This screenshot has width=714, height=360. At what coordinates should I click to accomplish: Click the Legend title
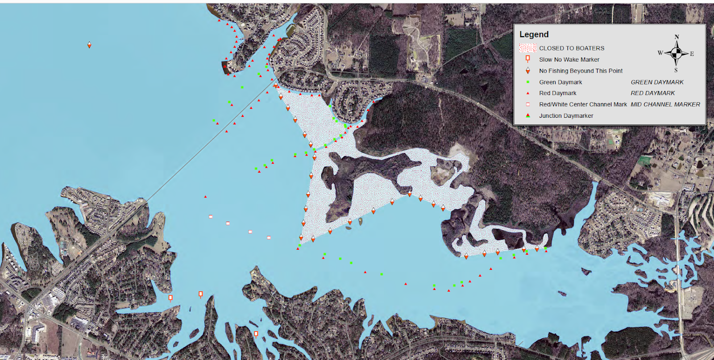pyautogui.click(x=534, y=35)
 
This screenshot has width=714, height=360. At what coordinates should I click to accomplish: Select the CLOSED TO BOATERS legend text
pyautogui.click(x=571, y=48)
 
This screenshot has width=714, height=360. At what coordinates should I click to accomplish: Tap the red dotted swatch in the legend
pyautogui.click(x=527, y=48)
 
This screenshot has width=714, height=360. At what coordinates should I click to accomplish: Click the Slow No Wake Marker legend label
pyautogui.click(x=569, y=59)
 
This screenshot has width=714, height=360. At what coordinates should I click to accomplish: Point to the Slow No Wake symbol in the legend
pyautogui.click(x=528, y=59)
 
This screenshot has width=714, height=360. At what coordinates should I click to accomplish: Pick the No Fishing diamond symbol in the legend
pyautogui.click(x=528, y=70)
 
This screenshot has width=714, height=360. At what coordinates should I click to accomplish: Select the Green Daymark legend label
pyautogui.click(x=560, y=82)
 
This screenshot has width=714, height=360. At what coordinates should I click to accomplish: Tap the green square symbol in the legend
pyautogui.click(x=528, y=82)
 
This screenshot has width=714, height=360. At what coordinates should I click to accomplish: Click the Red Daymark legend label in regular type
pyautogui.click(x=557, y=93)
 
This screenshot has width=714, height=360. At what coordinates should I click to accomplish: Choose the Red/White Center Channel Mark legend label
pyautogui.click(x=583, y=104)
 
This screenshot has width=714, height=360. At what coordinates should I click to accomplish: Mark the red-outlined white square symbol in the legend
pyautogui.click(x=528, y=104)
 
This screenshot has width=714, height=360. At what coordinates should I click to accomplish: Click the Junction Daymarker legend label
pyautogui.click(x=566, y=116)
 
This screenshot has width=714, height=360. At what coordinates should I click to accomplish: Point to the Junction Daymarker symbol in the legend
pyautogui.click(x=528, y=116)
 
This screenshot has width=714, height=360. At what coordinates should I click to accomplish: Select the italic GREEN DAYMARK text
pyautogui.click(x=657, y=82)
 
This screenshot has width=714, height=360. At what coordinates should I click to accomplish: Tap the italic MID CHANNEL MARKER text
pyautogui.click(x=665, y=104)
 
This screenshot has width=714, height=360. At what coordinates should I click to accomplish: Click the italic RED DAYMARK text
pyautogui.click(x=652, y=93)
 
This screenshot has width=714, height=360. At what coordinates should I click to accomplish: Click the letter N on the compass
pyautogui.click(x=677, y=37)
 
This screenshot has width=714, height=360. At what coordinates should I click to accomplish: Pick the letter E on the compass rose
pyautogui.click(x=692, y=54)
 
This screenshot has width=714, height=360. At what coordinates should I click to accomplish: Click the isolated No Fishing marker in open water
pyautogui.click(x=89, y=45)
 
